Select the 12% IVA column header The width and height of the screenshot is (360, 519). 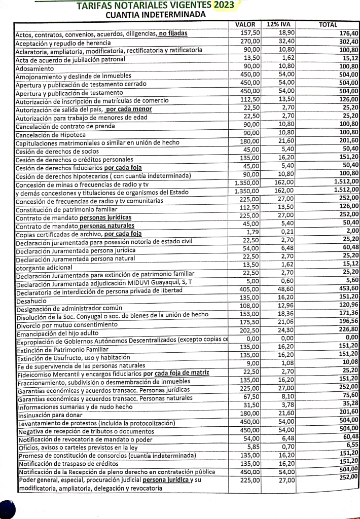click(278, 24)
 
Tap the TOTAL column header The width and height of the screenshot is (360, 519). click(328, 24)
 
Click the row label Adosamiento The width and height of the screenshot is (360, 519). click(34, 68)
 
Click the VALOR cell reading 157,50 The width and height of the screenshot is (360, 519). click(249, 32)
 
